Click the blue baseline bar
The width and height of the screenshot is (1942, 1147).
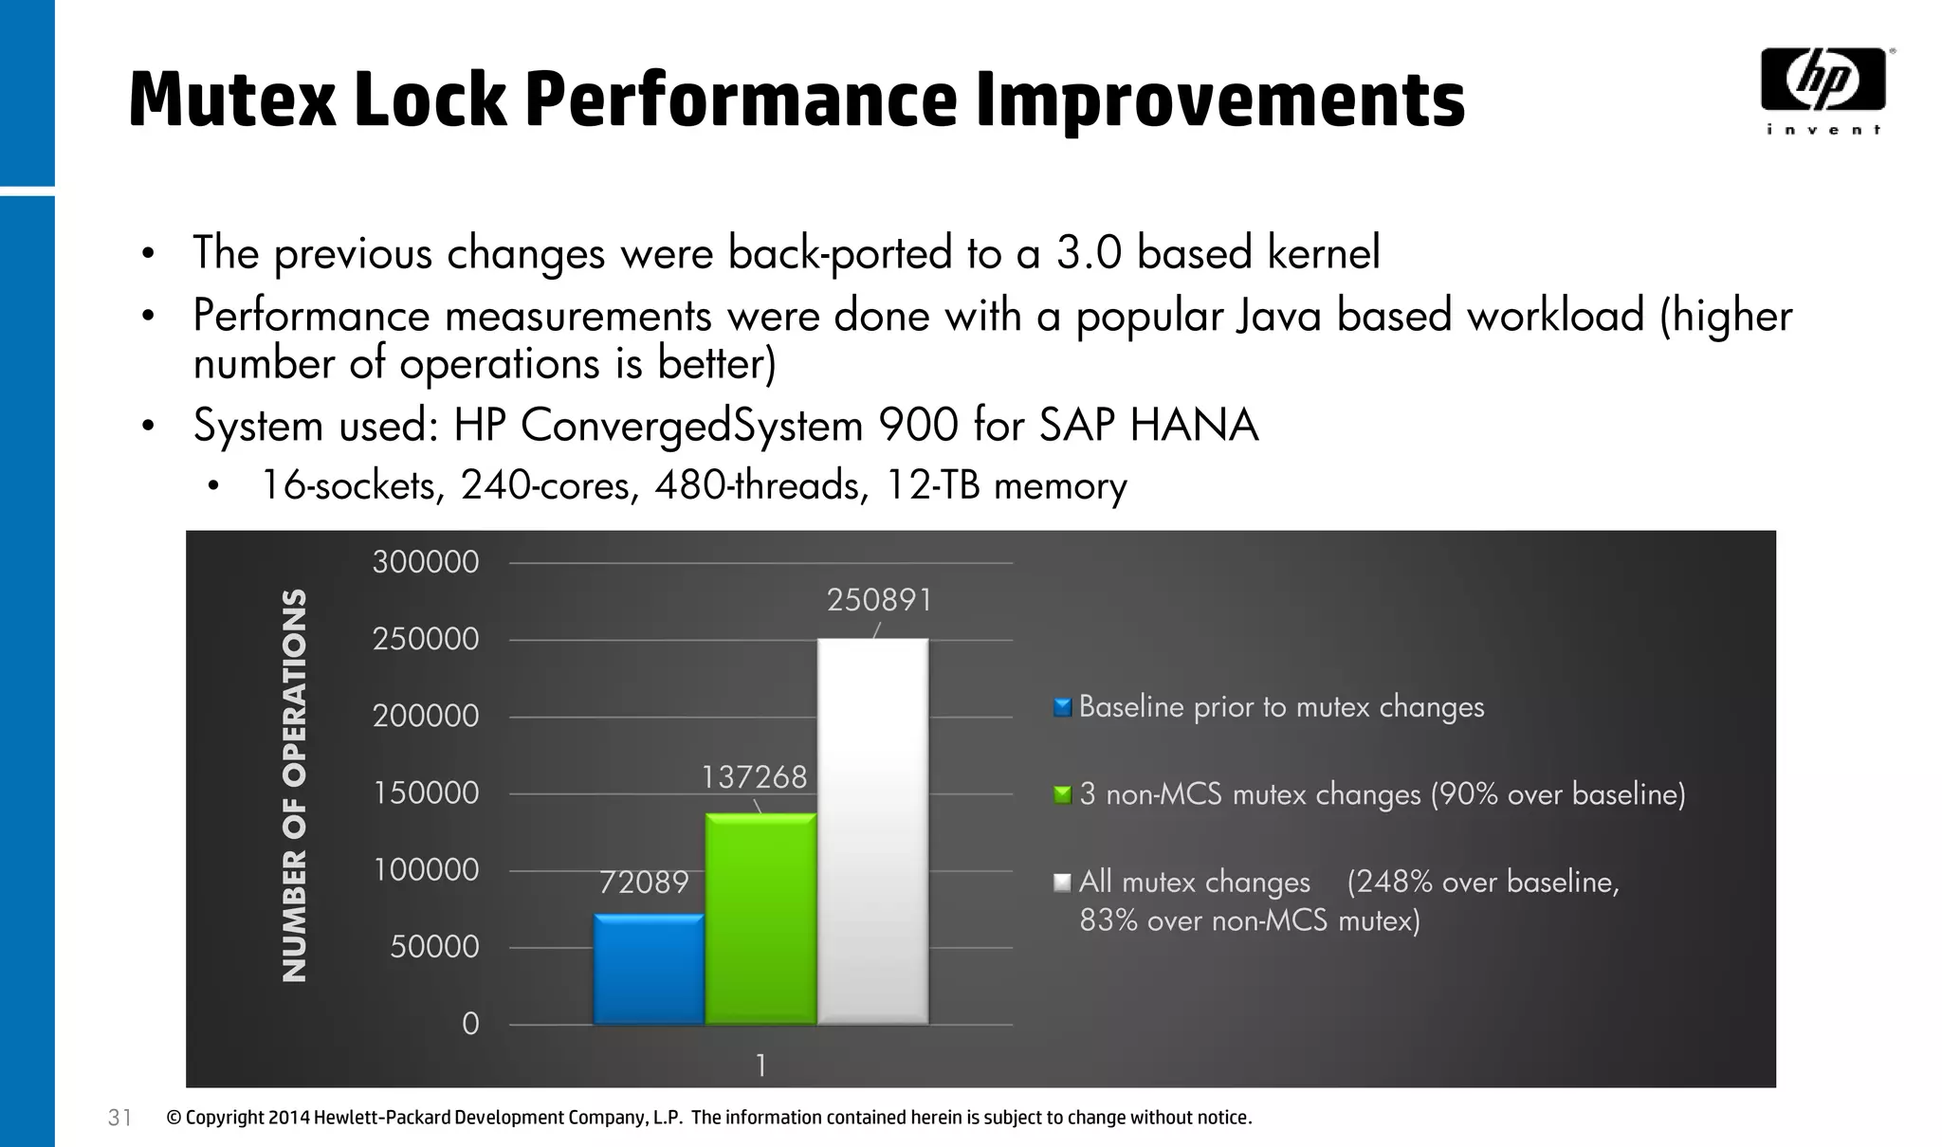[x=649, y=969]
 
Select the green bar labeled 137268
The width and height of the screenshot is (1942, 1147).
[x=760, y=918]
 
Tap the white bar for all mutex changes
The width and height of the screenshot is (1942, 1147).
[x=872, y=830]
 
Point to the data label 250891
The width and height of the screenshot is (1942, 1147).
[x=880, y=600]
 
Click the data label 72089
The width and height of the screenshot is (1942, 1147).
[x=644, y=883]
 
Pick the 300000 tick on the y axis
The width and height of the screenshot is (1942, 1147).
[x=426, y=562]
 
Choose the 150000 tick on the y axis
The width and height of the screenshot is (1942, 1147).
[x=426, y=792]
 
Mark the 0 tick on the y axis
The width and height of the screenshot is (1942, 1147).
[x=470, y=1024]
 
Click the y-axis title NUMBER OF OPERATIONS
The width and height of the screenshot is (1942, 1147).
[x=295, y=785]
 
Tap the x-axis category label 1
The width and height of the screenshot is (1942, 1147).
[x=760, y=1066]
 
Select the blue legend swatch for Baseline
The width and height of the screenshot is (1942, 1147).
[x=1062, y=707]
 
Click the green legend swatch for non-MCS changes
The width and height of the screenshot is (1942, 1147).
[x=1062, y=794]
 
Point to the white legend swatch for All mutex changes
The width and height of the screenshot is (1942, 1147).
[x=1062, y=883]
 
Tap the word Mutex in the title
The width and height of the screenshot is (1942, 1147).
[x=232, y=100]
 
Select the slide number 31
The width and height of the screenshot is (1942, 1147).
[x=119, y=1118]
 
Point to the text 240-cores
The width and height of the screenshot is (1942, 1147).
[x=549, y=485]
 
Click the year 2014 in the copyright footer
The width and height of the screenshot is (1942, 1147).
[x=289, y=1118]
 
